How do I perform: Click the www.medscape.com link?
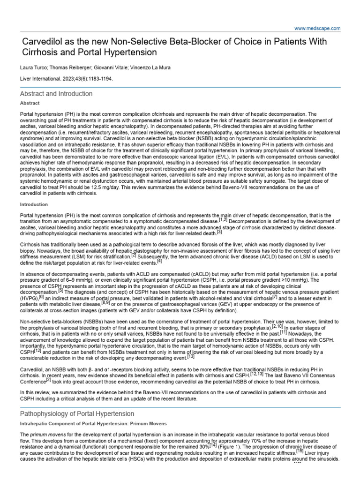click(317, 28)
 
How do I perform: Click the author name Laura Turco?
click(34, 67)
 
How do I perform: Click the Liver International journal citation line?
click(66, 79)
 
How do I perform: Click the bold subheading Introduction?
click(34, 204)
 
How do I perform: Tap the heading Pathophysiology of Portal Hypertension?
click(77, 414)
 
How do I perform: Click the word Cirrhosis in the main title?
click(42, 52)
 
